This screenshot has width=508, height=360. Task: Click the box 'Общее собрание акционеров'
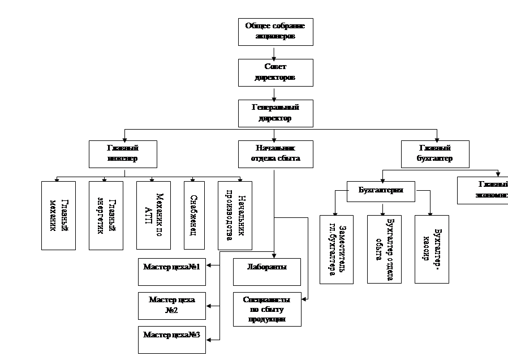[x=275, y=32]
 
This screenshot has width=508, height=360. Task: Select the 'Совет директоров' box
[x=275, y=72]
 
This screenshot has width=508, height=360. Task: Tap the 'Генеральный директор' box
[x=275, y=113]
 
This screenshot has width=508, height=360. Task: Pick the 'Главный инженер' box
[x=123, y=153]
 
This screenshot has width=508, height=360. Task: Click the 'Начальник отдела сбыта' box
[x=275, y=153]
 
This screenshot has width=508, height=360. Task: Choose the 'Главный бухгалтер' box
[x=435, y=153]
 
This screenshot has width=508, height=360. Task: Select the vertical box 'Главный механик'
[x=58, y=215]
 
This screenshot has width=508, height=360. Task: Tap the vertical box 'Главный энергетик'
[x=106, y=215]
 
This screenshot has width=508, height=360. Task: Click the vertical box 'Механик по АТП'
[x=153, y=215]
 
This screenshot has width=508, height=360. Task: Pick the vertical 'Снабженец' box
[x=194, y=215]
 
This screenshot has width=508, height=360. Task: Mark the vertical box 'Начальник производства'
[x=235, y=215]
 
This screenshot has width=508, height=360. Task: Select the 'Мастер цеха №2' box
[x=173, y=306]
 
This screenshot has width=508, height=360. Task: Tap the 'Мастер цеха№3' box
[x=173, y=340]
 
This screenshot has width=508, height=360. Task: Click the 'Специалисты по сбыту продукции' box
[x=267, y=309]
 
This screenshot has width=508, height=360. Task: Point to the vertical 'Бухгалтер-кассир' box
[x=432, y=249]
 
